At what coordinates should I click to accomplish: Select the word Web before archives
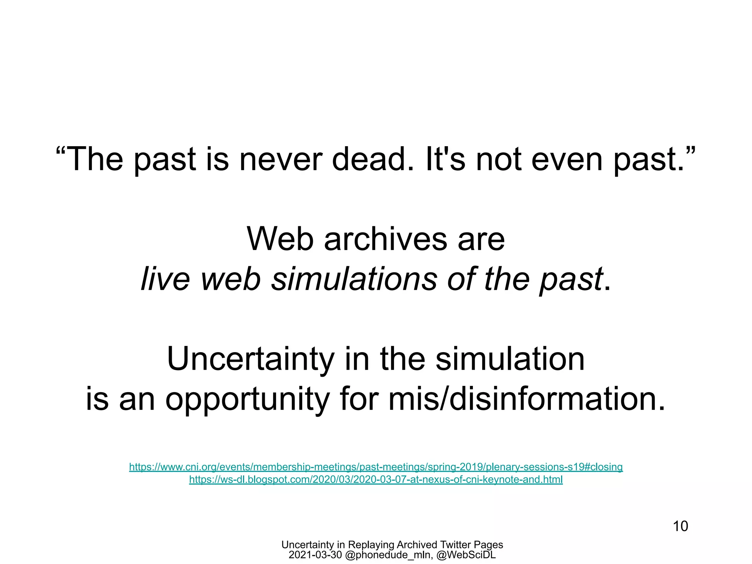pos(280,239)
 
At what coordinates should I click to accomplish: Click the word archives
pos(385,239)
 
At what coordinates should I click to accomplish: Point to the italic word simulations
pos(354,279)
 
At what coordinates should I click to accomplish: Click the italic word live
pos(165,279)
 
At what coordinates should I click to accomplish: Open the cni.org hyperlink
pos(376,467)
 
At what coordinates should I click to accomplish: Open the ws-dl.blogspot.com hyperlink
pos(376,480)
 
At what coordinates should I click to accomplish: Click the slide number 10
pos(680,526)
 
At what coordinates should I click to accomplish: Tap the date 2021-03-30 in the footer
pos(315,555)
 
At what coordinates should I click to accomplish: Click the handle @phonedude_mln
pos(388,555)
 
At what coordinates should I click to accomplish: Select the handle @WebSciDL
pos(466,555)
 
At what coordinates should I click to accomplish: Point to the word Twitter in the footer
pos(455,545)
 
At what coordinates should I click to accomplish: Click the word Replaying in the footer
pos(371,545)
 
